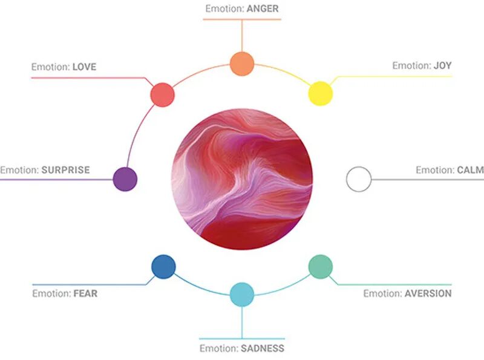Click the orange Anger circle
[x=241, y=64]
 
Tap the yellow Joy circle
[x=321, y=94]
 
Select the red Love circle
[x=162, y=94]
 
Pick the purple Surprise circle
[x=125, y=179]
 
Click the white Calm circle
[x=358, y=179]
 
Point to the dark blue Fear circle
[x=163, y=266]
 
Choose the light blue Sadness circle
[x=242, y=294]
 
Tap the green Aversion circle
[x=321, y=266]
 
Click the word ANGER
[x=262, y=9]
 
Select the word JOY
[x=442, y=65]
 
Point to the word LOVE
[x=84, y=67]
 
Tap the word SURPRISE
[x=65, y=170]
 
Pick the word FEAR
[x=85, y=293]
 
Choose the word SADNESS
[x=263, y=348]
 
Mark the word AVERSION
[x=428, y=293]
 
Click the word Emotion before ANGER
[x=224, y=9]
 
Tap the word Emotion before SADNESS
[x=218, y=348]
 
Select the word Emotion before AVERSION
[x=382, y=293]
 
